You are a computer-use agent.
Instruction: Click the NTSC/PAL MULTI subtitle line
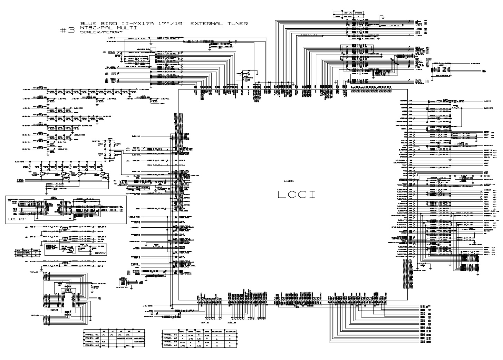108,28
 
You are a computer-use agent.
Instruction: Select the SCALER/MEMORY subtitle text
101,32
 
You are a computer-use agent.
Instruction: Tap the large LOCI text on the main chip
297,195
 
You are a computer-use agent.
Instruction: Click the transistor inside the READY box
71,249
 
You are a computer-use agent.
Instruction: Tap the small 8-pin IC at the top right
441,69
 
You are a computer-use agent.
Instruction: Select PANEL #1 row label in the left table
92,335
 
